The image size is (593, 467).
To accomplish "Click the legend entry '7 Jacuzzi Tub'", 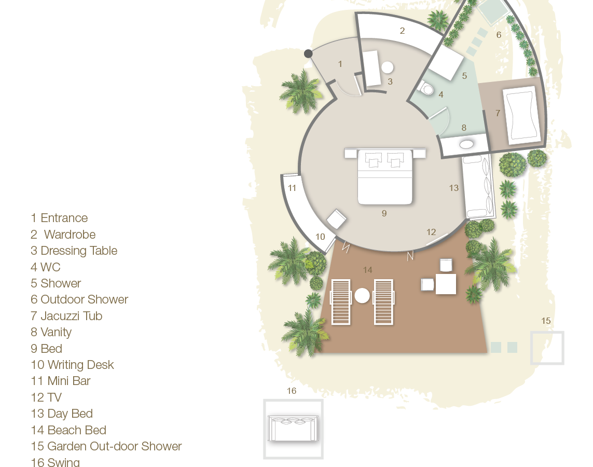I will [66, 316].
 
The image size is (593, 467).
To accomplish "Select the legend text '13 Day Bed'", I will [62, 414].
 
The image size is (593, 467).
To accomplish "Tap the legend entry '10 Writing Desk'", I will [72, 365].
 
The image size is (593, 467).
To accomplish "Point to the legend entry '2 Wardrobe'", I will [63, 235].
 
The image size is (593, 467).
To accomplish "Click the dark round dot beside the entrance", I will [308, 53].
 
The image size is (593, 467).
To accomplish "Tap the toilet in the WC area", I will [426, 89].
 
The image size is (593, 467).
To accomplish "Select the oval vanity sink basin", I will [467, 144].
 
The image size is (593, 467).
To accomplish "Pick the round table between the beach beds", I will [362, 296].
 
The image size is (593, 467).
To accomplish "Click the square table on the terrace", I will [446, 284].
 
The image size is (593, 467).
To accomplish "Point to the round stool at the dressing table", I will [388, 67].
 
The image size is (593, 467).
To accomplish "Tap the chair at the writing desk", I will [337, 219].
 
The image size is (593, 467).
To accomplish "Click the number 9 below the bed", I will [384, 213].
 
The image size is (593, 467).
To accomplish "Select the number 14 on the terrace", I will [368, 270].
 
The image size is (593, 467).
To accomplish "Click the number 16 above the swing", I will [292, 391].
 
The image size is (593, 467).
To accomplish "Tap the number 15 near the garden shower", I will [546, 321].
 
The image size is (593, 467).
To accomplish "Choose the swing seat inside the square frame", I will [293, 429].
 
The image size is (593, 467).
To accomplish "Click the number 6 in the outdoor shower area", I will [499, 35].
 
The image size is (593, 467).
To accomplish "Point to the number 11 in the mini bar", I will [292, 188].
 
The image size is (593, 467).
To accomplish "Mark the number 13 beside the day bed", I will [454, 188].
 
